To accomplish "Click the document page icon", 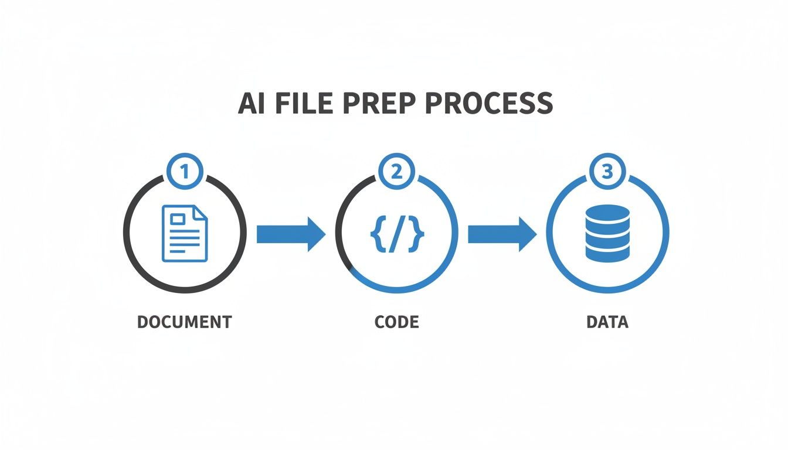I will (185, 233).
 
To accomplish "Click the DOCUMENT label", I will (184, 322).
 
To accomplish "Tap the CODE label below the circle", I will (397, 322).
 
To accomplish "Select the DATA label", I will (607, 322).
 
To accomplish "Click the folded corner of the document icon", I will (201, 210).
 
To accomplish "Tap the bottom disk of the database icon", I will (607, 253).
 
